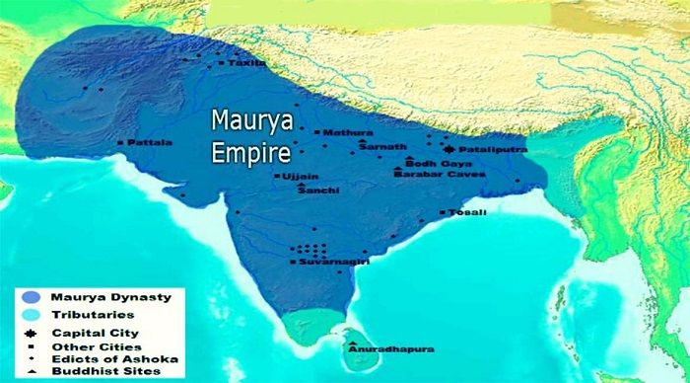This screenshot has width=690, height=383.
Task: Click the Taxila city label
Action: [246, 63]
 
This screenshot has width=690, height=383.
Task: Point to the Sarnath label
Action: [377, 147]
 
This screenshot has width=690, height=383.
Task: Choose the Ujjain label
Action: [300, 176]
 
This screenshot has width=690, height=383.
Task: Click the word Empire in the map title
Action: [252, 155]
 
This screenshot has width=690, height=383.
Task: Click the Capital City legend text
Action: [96, 333]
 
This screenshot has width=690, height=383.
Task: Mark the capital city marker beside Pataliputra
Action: [449, 149]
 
